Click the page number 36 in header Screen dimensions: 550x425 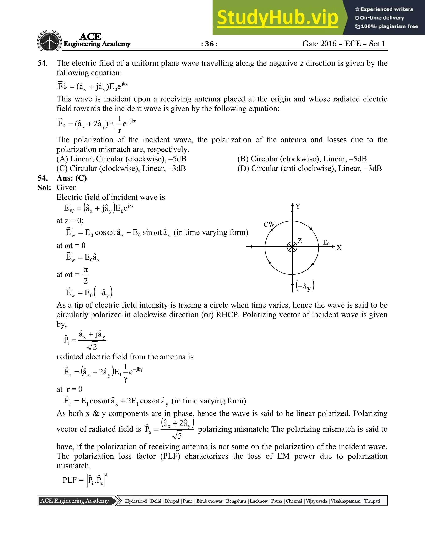209,44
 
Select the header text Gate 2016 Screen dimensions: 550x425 319,44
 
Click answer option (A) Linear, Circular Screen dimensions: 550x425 121,159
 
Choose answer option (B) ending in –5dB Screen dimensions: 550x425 302,159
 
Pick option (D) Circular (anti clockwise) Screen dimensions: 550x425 309,169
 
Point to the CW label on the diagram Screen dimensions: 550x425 269,224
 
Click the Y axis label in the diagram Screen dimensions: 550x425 298,207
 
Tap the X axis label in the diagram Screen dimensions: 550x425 339,248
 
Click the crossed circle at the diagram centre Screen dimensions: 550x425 292,247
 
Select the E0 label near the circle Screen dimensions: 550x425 326,243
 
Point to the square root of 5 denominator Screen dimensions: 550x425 177,436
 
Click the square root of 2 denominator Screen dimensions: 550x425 92,347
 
